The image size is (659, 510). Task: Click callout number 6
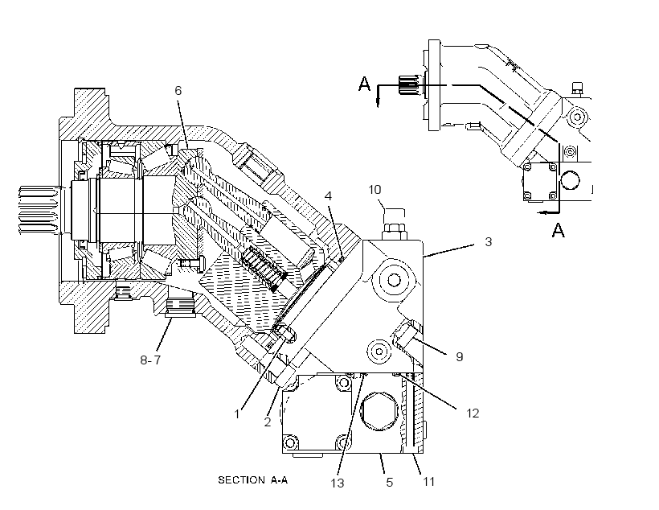pyautogui.click(x=178, y=90)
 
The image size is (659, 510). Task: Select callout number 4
pyautogui.click(x=328, y=196)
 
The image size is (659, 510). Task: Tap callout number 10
pyautogui.click(x=375, y=190)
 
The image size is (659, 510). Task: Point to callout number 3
pyautogui.click(x=488, y=242)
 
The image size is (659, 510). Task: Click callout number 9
pyautogui.click(x=460, y=357)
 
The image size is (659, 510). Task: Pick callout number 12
pyautogui.click(x=473, y=413)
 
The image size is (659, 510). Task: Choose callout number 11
pyautogui.click(x=428, y=481)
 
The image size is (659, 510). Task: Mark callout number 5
pyautogui.click(x=390, y=482)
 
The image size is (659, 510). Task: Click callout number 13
pyautogui.click(x=338, y=483)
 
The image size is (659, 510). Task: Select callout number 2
pyautogui.click(x=268, y=422)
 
